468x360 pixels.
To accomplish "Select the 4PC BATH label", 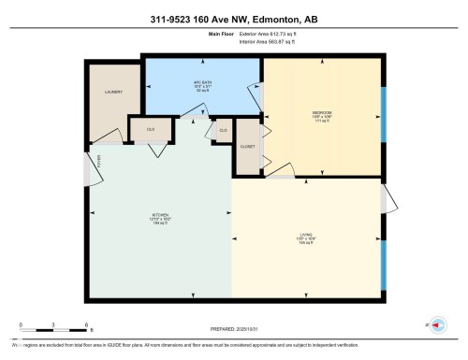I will click(202, 82).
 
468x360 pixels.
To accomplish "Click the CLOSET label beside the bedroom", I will click(247, 147).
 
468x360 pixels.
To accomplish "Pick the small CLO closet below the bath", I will click(223, 130).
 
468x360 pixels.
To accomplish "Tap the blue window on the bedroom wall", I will click(383, 115).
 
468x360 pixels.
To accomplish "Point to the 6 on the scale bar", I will click(87, 324).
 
